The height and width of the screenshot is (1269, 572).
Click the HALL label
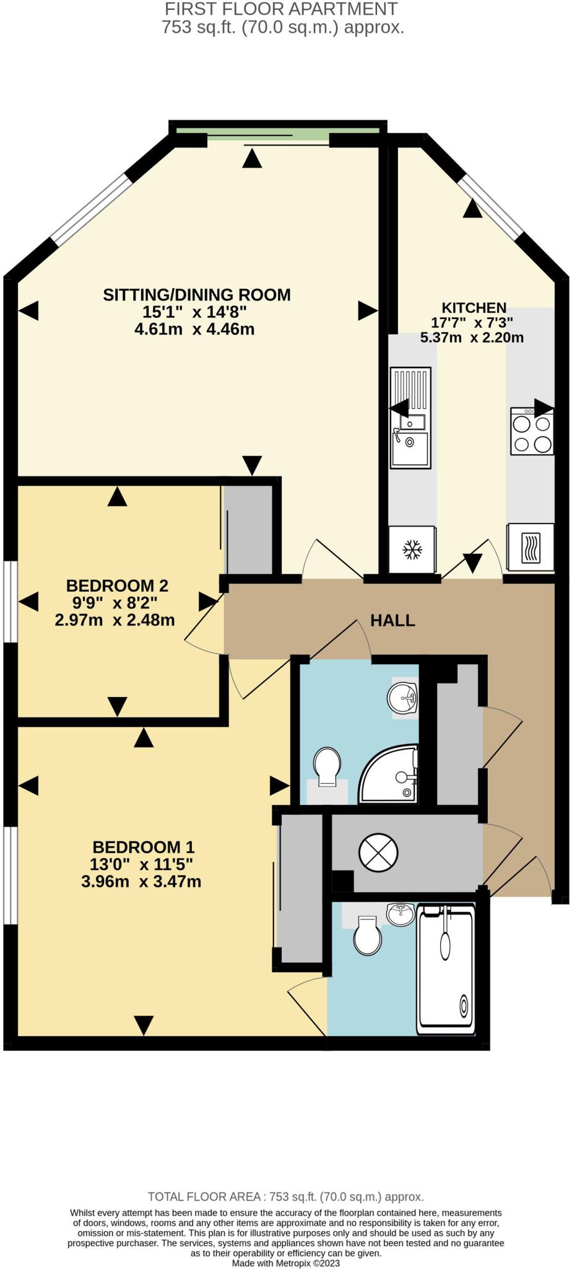(x=392, y=620)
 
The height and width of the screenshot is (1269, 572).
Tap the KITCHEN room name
(x=474, y=307)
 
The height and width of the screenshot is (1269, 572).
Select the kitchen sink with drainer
(x=410, y=418)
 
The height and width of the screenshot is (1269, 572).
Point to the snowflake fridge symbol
(x=412, y=549)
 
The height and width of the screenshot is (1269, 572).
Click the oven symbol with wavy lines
(x=530, y=548)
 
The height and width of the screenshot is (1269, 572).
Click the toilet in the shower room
(x=327, y=766)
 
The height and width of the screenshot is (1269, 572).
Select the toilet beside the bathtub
(x=366, y=935)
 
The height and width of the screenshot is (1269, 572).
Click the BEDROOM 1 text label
(x=144, y=846)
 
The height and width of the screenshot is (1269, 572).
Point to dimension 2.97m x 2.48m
(x=115, y=620)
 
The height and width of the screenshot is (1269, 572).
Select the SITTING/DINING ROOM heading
(x=196, y=294)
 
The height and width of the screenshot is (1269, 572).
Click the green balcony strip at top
(x=277, y=131)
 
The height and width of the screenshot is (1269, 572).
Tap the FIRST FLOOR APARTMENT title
(x=282, y=9)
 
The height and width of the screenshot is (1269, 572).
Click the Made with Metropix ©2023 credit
(x=286, y=1263)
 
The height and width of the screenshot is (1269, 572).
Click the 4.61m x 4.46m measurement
(x=194, y=329)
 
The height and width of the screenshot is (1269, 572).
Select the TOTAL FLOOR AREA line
(x=286, y=1197)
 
